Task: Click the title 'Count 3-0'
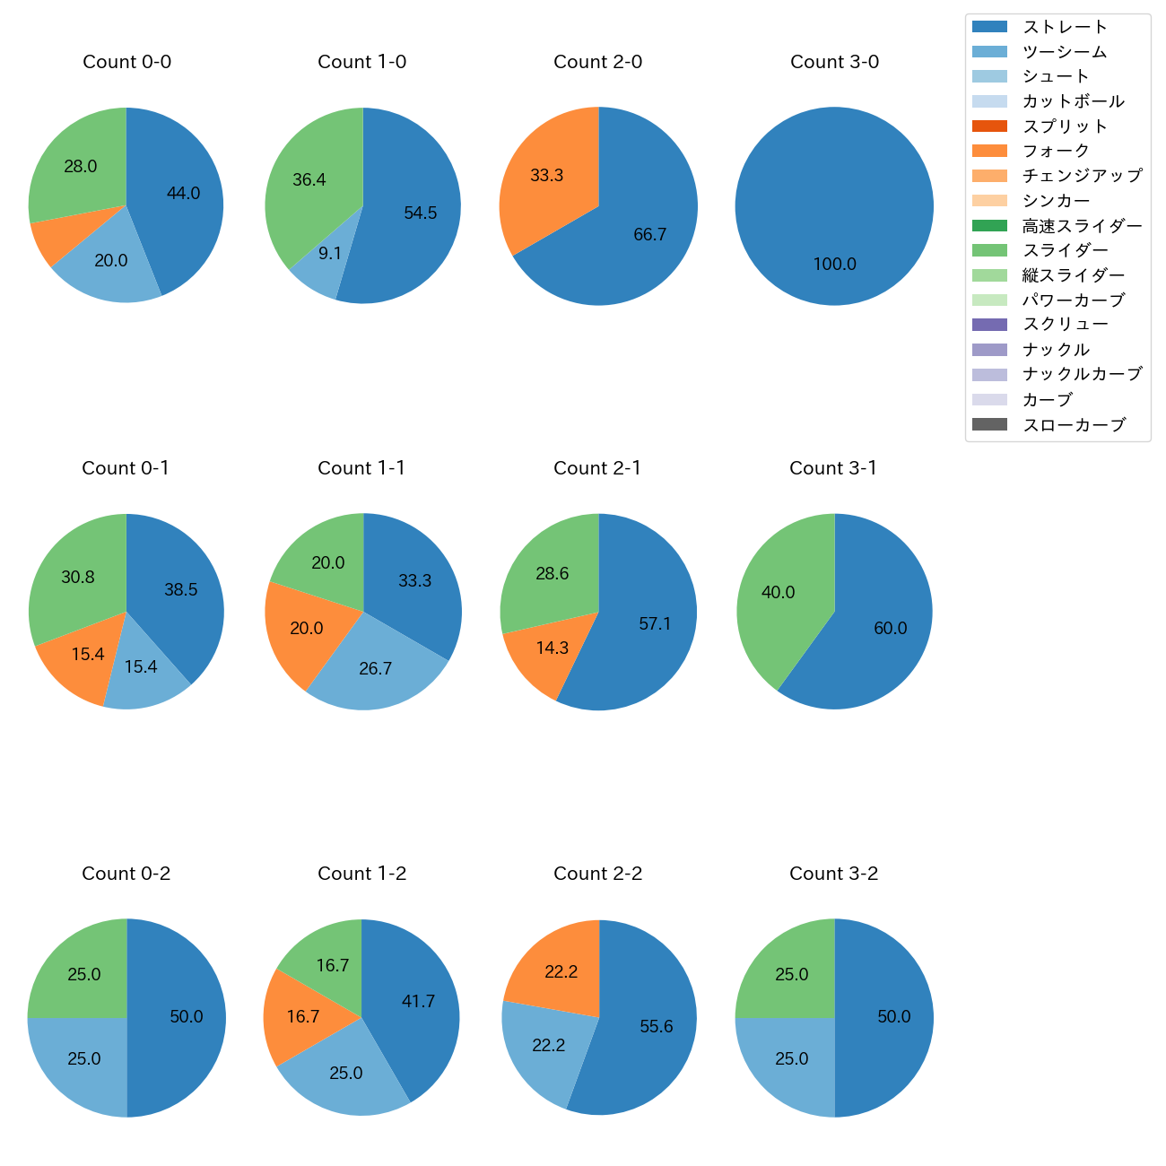point(834,62)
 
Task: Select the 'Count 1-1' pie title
point(361,468)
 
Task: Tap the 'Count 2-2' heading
point(597,874)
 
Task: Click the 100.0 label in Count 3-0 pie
point(834,265)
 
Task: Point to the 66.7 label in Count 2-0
point(649,235)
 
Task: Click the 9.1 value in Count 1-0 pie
point(330,254)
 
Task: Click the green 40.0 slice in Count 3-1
point(780,596)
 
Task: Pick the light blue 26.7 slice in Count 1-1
point(375,668)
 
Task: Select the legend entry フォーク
point(1056,151)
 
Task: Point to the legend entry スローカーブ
point(1073,425)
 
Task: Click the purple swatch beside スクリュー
point(989,325)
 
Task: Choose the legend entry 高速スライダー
point(1082,226)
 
